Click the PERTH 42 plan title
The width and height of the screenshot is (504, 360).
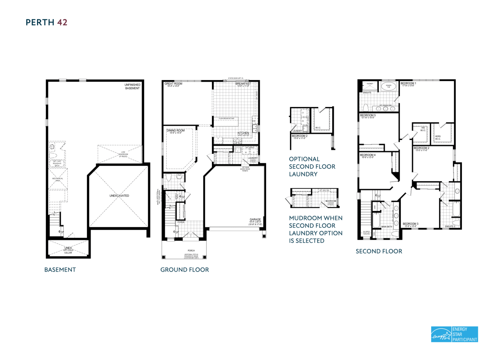[x=47, y=22]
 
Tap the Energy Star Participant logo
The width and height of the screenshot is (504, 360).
[x=454, y=334]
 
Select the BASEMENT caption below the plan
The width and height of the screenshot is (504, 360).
[x=60, y=270]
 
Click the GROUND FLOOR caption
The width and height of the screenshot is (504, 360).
[x=184, y=270]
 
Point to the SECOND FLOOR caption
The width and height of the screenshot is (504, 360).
[x=379, y=251]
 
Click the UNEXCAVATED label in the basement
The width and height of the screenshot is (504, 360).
[x=119, y=196]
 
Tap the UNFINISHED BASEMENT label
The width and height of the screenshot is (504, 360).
[x=132, y=87]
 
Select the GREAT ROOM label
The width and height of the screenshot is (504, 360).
[x=173, y=84]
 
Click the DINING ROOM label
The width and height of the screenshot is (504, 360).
[x=176, y=131]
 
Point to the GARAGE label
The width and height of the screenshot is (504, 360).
[x=255, y=220]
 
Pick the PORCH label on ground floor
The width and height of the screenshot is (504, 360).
[x=191, y=250]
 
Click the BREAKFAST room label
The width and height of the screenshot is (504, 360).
[x=243, y=84]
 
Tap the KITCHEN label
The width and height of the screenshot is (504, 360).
[x=243, y=133]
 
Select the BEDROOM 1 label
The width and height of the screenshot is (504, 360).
[x=408, y=84]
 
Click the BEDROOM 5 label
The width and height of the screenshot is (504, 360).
[x=367, y=115]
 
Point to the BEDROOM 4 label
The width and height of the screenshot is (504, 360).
[x=367, y=155]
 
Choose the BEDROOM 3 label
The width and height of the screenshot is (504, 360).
[x=410, y=224]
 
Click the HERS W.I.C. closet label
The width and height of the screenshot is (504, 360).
[x=438, y=138]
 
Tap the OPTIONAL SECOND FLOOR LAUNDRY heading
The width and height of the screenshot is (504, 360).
[x=312, y=167]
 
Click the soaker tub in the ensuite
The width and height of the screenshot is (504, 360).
[x=388, y=87]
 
